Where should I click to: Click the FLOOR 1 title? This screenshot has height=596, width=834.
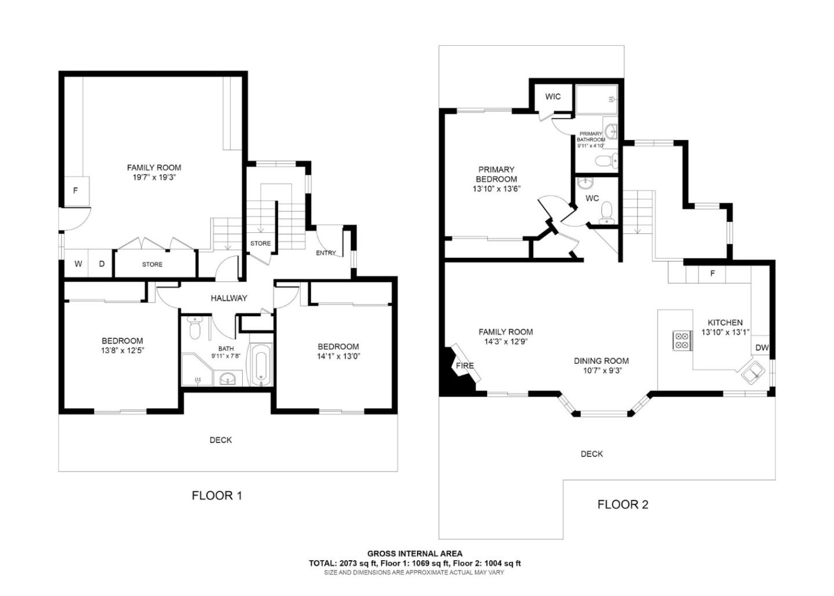[x=217, y=496]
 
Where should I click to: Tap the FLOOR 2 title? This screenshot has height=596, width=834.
[x=623, y=504]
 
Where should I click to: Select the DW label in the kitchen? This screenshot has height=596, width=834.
[x=762, y=348]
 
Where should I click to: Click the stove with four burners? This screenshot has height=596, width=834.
[x=682, y=341]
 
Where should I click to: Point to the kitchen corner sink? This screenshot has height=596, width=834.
[x=754, y=372]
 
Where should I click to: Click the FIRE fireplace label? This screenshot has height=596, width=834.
[x=464, y=365]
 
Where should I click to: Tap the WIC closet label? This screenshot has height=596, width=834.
[x=553, y=96]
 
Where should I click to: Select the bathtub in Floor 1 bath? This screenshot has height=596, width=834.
[x=260, y=365]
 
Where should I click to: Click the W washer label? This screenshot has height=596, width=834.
[x=78, y=264]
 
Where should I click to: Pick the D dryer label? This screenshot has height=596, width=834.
[x=101, y=264]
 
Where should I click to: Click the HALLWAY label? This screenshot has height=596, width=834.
[x=229, y=298]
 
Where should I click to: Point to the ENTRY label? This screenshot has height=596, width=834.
[x=325, y=253]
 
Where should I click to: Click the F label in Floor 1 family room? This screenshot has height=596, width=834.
[x=75, y=191]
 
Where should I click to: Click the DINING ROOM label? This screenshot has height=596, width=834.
[x=601, y=361]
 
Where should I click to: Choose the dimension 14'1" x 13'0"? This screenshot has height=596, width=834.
[x=338, y=357]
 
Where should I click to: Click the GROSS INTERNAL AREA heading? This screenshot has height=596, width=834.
[x=415, y=554]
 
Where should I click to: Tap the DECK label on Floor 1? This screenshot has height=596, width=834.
[x=221, y=440]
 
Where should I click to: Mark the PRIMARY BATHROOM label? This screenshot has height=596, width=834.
[x=591, y=137]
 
